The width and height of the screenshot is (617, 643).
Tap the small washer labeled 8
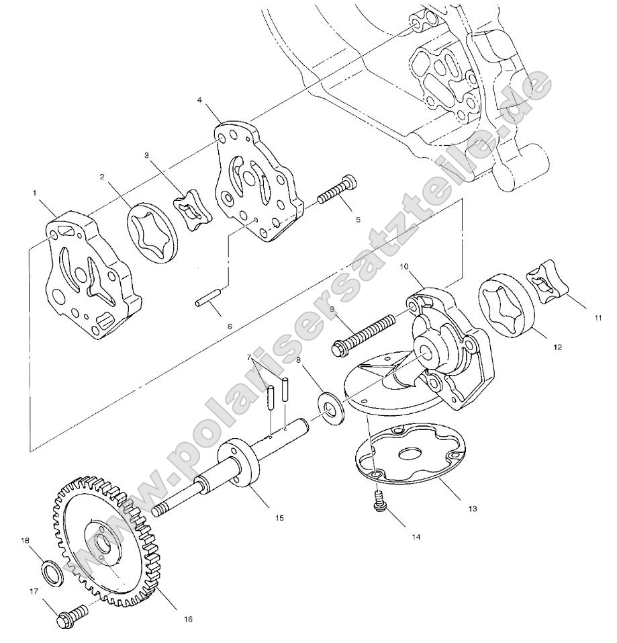click(330, 409)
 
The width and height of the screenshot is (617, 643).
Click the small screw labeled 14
click(381, 501)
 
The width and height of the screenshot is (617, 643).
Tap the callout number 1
click(34, 192)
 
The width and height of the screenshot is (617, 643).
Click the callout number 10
click(405, 267)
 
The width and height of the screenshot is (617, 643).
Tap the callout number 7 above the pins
click(248, 356)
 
